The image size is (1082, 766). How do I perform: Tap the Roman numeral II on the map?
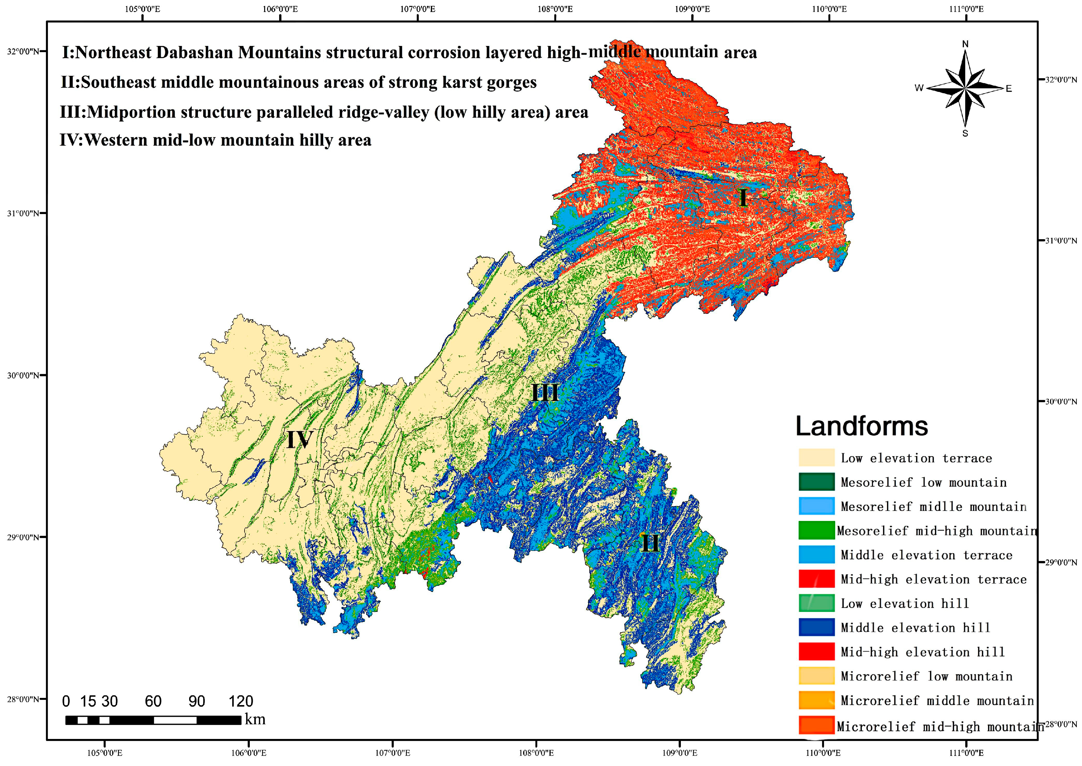coord(650,544)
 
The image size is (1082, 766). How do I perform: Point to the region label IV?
coord(299,440)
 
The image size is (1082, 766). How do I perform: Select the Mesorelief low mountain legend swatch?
coord(816,482)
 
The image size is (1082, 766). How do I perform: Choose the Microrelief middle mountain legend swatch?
coord(816,701)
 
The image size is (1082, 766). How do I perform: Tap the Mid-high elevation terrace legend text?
coord(933,579)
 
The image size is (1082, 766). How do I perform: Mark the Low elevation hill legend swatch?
coord(816,603)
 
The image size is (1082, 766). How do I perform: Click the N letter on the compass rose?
coord(965,44)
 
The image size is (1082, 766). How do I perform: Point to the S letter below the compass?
coord(965,134)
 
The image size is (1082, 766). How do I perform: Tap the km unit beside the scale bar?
coord(255,720)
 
